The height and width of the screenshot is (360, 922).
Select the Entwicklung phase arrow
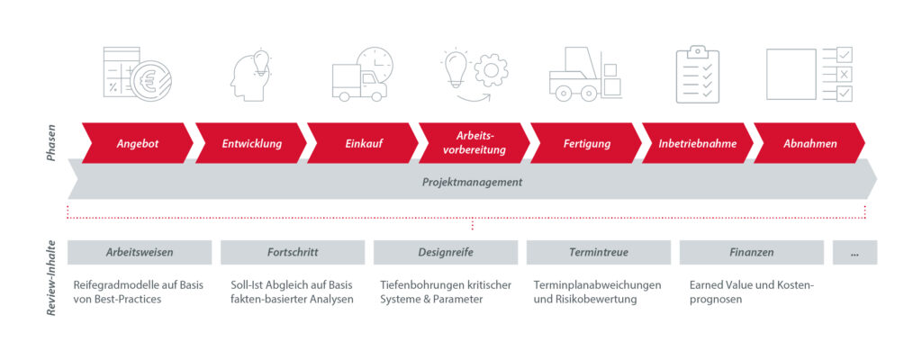coord(251,143)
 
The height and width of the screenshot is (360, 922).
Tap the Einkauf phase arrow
coord(363,143)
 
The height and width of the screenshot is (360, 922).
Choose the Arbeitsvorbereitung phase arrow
coord(474,143)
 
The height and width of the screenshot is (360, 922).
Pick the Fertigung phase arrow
coord(585,143)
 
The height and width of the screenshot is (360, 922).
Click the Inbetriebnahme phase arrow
coord(698,143)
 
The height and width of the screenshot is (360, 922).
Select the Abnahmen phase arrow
coord(809,143)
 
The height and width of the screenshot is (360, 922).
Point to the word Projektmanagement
coord(472,183)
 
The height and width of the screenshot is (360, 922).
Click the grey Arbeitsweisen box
coord(140,252)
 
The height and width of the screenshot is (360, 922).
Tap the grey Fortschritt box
coord(293,252)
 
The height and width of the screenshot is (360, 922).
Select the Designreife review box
coord(446,252)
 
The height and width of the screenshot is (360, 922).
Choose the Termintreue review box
coord(599,252)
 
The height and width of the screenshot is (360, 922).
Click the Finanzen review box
coord(752,252)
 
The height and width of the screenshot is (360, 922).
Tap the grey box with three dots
coord(855,252)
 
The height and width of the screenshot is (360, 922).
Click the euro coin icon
coord(151,81)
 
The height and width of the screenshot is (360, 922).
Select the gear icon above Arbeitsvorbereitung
coord(492,70)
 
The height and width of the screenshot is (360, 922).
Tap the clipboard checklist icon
coord(698,74)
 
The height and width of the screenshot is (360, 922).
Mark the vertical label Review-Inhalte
coord(51,277)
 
